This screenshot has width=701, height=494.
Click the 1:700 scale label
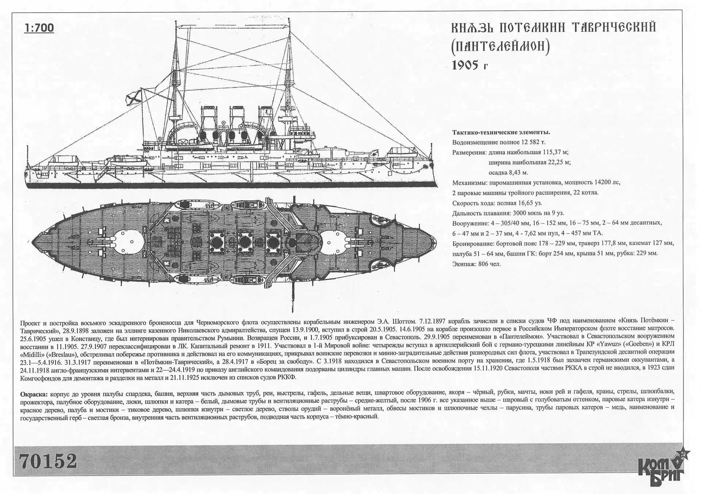(39, 28)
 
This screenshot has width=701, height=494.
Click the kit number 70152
(49, 461)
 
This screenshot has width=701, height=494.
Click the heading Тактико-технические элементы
(501, 132)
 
